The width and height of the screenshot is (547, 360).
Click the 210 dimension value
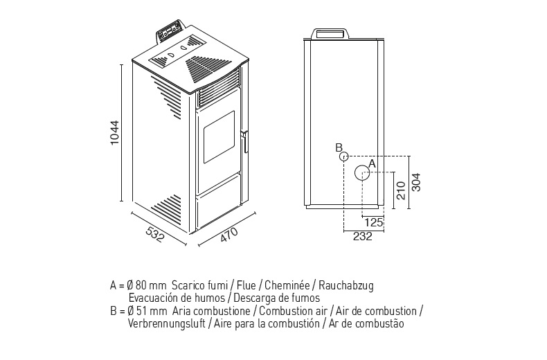400,190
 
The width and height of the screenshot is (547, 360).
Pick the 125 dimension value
374,222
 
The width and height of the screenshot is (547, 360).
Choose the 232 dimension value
363,236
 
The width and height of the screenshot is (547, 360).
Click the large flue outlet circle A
362,172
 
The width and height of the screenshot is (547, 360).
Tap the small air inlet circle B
343,156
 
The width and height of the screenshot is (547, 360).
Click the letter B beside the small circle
338,147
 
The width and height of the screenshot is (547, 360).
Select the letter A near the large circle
372,163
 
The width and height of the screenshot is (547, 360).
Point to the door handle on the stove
243,140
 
